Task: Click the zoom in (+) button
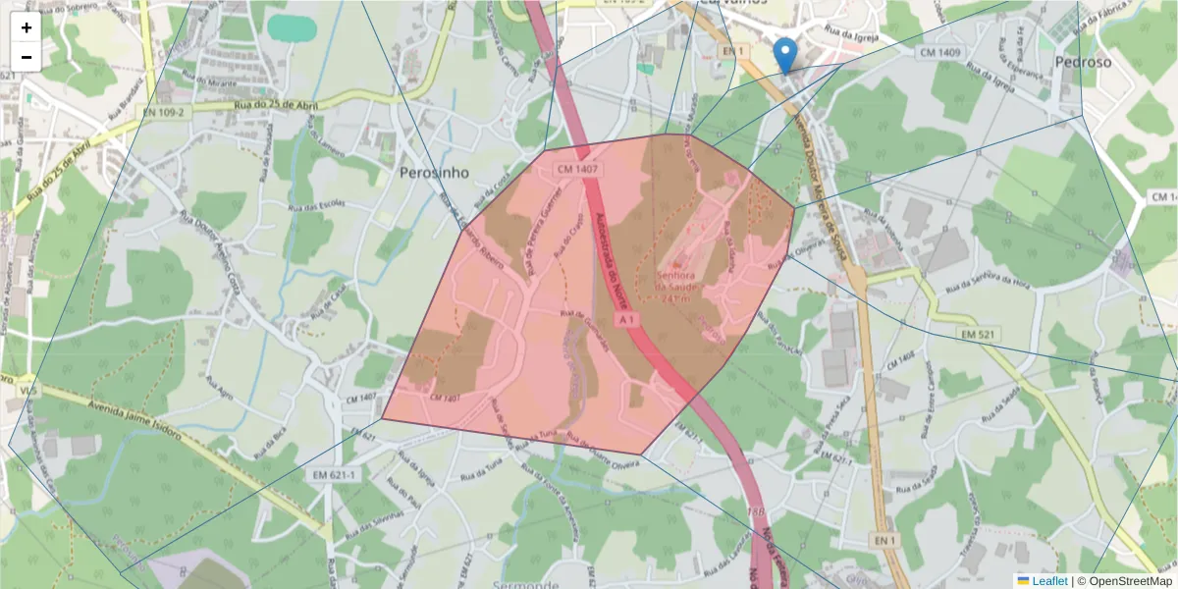tap(27, 27)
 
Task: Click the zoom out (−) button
tap(27, 57)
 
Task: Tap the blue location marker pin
tap(785, 53)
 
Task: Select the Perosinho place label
tap(434, 173)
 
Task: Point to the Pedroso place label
tap(1084, 62)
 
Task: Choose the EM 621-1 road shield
tap(334, 475)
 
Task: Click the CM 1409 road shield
tap(939, 51)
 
